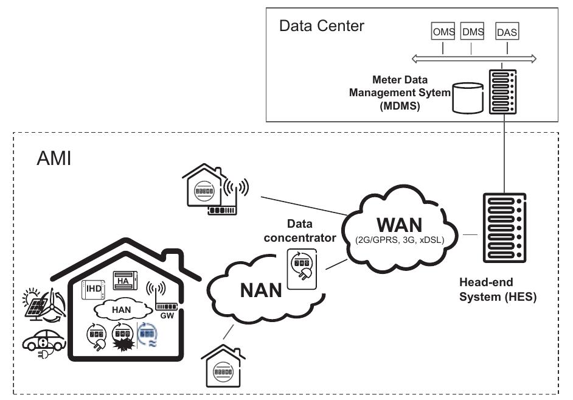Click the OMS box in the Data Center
point(443,31)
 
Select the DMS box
point(472,31)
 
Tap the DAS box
point(507,31)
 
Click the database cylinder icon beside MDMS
point(468,98)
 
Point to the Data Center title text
point(322,26)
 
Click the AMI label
point(54,158)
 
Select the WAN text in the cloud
point(400,225)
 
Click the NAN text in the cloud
point(261,290)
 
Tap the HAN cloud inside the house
point(123,310)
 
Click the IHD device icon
point(93,290)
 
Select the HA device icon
point(125,281)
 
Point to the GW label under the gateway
point(167,315)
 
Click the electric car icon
point(44,343)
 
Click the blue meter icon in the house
point(148,334)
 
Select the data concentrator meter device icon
point(302,268)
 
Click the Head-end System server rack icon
point(504,228)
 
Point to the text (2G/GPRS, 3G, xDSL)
point(400,240)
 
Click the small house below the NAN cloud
point(223,366)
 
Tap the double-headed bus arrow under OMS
point(474,58)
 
